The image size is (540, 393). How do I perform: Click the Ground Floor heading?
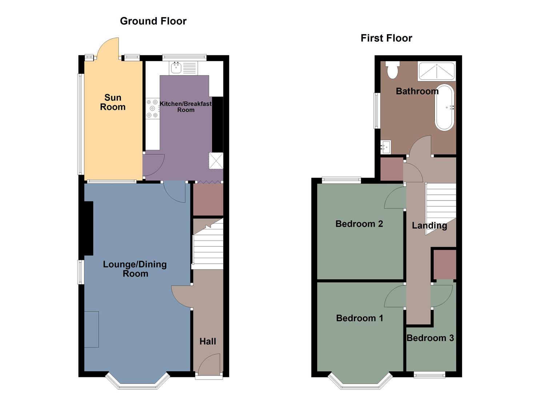click(x=153, y=21)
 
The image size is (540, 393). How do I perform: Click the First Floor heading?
click(x=386, y=38)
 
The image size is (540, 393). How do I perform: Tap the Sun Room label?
click(x=113, y=102)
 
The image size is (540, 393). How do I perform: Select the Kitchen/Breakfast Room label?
click(x=186, y=107)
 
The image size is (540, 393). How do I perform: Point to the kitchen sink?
click(x=177, y=68)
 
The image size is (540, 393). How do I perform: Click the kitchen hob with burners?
click(x=153, y=108)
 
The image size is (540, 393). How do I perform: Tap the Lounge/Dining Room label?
click(x=135, y=269)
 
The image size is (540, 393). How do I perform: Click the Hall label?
click(x=208, y=341)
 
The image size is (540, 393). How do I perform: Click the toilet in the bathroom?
click(x=392, y=70)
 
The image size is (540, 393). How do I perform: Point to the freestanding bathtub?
click(x=444, y=107)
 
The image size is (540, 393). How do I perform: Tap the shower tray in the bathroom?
click(x=436, y=71)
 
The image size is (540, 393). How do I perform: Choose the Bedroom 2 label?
click(x=359, y=224)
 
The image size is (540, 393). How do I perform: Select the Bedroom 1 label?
click(x=360, y=318)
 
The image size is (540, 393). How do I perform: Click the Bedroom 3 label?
click(x=430, y=338)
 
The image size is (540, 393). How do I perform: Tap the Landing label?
click(x=429, y=226)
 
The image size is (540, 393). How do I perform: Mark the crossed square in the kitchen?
click(x=216, y=161)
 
